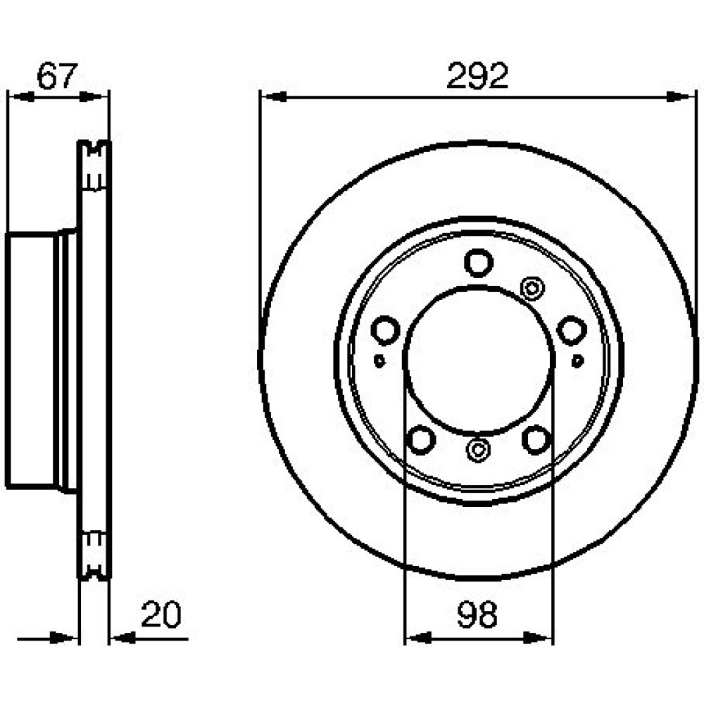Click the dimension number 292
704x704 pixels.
[x=477, y=75]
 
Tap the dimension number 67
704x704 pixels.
[x=57, y=75]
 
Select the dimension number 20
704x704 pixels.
[x=161, y=614]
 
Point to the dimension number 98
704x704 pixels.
[x=477, y=615]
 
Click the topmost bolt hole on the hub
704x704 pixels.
[x=479, y=263]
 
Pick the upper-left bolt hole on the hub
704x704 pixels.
[x=385, y=330]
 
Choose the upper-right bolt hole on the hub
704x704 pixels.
[x=572, y=330]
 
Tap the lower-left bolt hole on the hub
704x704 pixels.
[x=421, y=439]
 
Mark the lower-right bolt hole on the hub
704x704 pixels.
[x=536, y=439]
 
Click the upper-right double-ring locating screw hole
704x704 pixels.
[x=532, y=288]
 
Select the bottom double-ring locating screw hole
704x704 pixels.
[x=479, y=449]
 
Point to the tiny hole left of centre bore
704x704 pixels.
[x=379, y=360]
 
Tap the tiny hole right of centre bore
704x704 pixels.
[x=577, y=360]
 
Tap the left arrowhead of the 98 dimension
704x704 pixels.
[x=418, y=637]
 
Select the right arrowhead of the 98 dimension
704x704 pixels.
[x=538, y=637]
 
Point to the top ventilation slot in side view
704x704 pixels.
[x=94, y=166]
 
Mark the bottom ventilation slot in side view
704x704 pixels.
[x=94, y=555]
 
